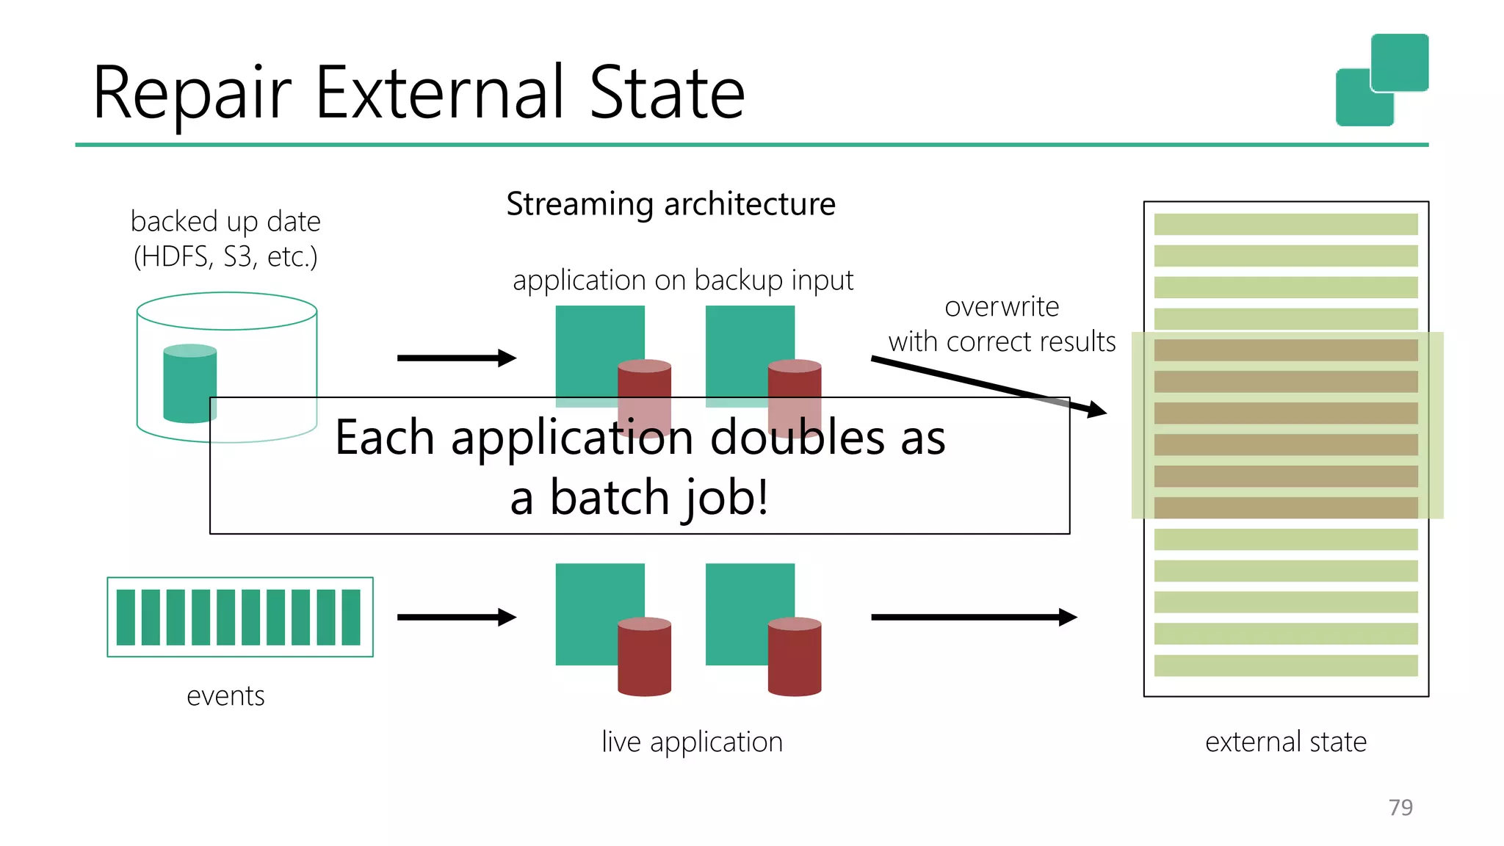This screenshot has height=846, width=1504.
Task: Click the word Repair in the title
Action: pyautogui.click(x=192, y=94)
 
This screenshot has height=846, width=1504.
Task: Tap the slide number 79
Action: pyautogui.click(x=1400, y=807)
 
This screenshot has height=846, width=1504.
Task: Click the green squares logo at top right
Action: pyautogui.click(x=1381, y=79)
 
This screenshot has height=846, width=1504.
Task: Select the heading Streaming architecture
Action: pyautogui.click(x=670, y=204)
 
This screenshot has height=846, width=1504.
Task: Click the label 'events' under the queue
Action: pyautogui.click(x=225, y=695)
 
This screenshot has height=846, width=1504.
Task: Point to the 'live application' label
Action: pyautogui.click(x=692, y=742)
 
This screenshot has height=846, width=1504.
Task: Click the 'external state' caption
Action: pyautogui.click(x=1285, y=742)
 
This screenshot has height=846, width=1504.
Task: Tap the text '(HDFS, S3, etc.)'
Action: pyautogui.click(x=225, y=257)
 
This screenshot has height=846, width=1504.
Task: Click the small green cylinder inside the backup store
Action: pyautogui.click(x=189, y=383)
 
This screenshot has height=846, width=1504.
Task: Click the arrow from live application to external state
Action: pyautogui.click(x=973, y=617)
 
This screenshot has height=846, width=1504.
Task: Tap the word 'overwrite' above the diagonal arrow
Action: pyautogui.click(x=1001, y=307)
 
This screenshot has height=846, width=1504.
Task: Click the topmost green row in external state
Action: pyautogui.click(x=1285, y=224)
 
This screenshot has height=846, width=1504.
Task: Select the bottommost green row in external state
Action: pyautogui.click(x=1285, y=665)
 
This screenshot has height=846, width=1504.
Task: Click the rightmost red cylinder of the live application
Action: pyautogui.click(x=794, y=657)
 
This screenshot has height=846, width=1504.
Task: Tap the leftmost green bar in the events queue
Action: pyautogui.click(x=126, y=617)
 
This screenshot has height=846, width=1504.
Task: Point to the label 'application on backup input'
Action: pyautogui.click(x=682, y=281)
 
